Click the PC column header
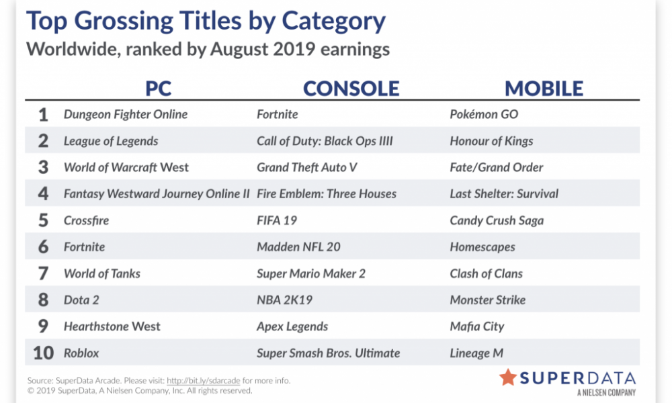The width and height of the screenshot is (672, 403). (158, 89)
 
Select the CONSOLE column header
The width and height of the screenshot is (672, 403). (351, 89)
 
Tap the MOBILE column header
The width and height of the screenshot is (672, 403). (544, 89)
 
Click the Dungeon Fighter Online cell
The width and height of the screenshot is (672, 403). (126, 114)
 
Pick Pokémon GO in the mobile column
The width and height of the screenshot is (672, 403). (484, 114)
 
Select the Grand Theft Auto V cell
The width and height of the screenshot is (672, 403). (307, 167)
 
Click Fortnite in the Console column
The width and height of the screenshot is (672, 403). (278, 114)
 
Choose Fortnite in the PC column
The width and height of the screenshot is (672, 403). (85, 247)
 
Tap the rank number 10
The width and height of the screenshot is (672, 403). (43, 353)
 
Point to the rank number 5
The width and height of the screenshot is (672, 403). (43, 220)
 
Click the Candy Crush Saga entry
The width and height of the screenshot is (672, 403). (497, 220)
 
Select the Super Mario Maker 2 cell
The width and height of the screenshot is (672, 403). (311, 273)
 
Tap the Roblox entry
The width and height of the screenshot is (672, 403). (81, 353)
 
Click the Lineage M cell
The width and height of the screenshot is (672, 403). (476, 353)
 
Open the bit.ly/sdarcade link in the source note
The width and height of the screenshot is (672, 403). (203, 381)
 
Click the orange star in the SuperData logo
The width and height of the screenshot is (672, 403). (508, 377)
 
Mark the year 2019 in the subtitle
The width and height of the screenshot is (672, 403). (294, 49)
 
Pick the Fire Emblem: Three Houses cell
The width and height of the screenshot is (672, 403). (327, 194)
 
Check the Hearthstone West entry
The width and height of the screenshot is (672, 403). (112, 327)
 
